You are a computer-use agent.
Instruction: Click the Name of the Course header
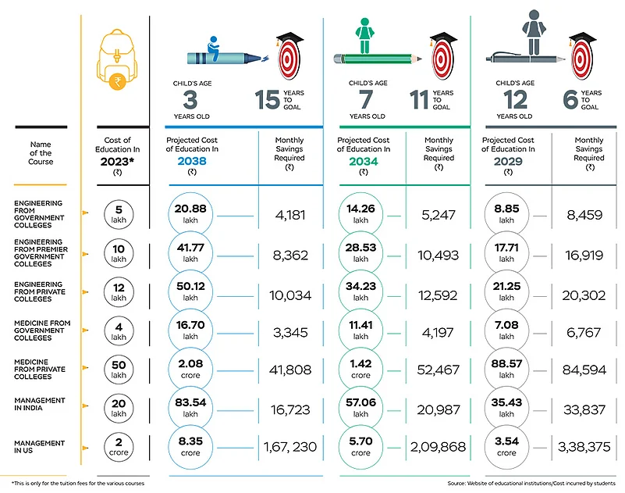tap(41, 153)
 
